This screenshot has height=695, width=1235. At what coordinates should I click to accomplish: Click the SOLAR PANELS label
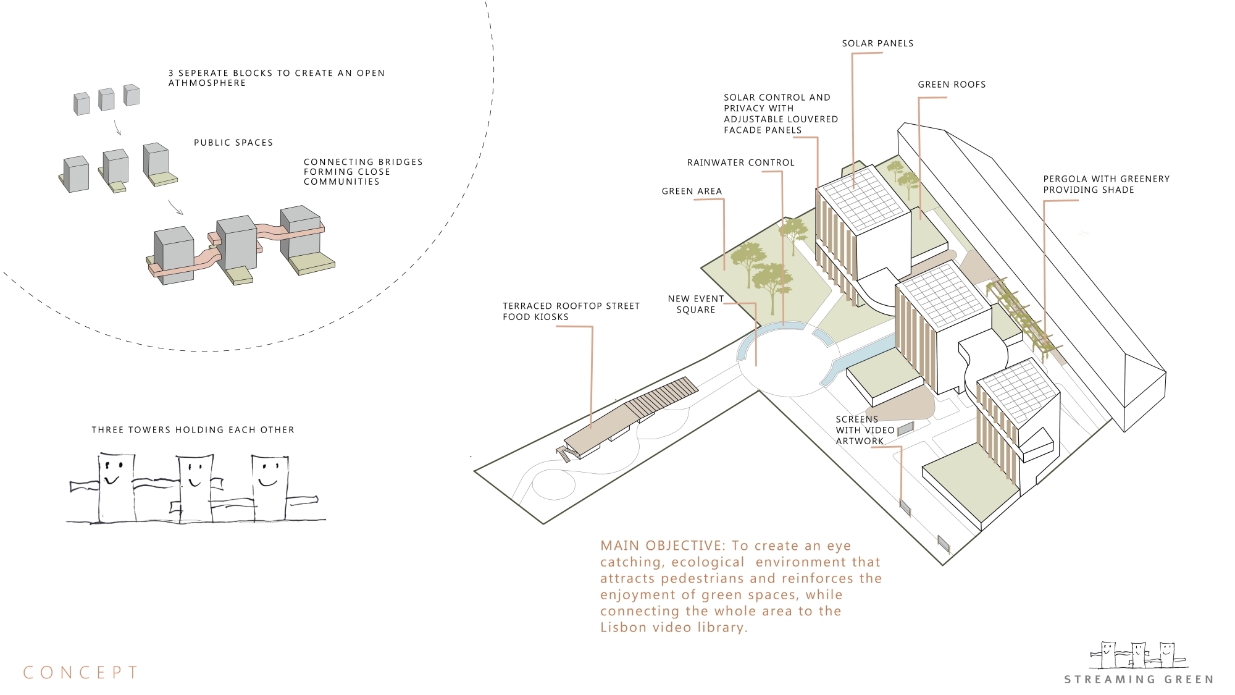point(877,43)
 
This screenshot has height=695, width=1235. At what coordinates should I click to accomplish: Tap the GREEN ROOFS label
point(952,85)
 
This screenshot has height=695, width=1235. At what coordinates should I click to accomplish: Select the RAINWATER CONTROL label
point(741,162)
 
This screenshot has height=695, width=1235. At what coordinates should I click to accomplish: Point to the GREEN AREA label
point(692,192)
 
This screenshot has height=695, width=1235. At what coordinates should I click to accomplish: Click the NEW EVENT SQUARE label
point(696,304)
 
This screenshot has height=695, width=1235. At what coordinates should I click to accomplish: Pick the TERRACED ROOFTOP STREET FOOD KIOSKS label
point(571,311)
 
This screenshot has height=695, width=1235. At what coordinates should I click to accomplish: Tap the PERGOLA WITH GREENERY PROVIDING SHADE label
point(1107,184)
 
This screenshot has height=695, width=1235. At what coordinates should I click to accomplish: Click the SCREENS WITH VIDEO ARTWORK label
point(865,430)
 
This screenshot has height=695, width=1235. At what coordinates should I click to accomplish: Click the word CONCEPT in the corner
point(81,672)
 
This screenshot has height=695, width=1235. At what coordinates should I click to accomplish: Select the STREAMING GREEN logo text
point(1139,680)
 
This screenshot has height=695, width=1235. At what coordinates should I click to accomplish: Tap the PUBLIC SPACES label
point(233,143)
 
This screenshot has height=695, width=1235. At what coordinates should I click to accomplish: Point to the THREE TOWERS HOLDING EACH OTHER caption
point(193,430)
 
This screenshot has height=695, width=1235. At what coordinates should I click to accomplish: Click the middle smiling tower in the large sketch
point(195,488)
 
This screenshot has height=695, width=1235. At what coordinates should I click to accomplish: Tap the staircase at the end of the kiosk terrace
point(563,455)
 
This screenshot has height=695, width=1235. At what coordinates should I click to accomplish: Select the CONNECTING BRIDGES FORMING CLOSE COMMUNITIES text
point(363,172)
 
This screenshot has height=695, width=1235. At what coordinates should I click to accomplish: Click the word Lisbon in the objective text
point(622,628)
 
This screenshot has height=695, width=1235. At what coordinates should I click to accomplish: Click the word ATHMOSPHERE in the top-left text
point(207,83)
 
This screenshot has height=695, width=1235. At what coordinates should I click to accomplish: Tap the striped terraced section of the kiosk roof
point(661,397)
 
